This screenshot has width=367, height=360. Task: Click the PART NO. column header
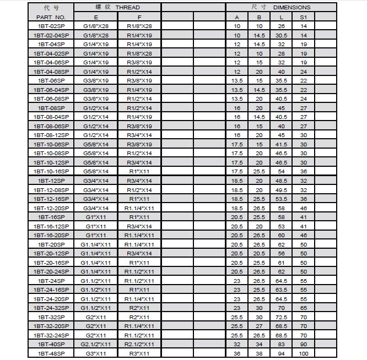[x=51, y=17]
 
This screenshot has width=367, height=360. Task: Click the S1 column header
[x=303, y=17]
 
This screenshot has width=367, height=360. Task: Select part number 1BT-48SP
[x=51, y=353]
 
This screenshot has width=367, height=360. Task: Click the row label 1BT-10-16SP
[x=51, y=171]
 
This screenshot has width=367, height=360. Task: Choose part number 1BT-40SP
[x=51, y=344]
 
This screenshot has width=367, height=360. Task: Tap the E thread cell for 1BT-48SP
[x=96, y=353]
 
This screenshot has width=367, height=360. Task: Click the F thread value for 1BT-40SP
[x=139, y=344]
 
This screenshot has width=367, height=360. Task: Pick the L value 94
[x=282, y=353]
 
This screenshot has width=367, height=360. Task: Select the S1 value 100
[x=303, y=353]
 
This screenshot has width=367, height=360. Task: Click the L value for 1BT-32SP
[x=282, y=317]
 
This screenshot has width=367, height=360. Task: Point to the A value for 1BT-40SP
[x=237, y=344]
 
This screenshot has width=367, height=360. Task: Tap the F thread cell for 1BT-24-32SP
[x=139, y=308]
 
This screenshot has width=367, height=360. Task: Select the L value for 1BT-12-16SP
[x=282, y=199]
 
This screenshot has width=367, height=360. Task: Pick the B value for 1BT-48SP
[x=259, y=353]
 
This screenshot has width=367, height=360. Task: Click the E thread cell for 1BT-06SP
[x=96, y=80]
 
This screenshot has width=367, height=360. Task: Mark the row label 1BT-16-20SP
[x=51, y=235]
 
